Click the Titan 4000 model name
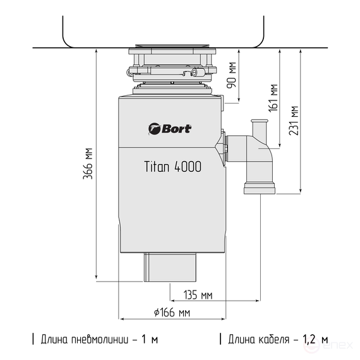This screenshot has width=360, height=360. coord(172,167)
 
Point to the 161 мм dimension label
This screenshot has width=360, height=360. coord(273,97)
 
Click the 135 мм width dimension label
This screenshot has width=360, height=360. coord(197,295)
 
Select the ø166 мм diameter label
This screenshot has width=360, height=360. coord(171,312)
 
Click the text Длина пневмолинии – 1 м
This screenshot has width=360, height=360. coord(98,339)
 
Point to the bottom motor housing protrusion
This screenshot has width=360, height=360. coord(172,267)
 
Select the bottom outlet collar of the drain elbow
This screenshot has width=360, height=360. coord(259,188)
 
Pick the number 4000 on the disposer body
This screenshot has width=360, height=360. coord(188,167)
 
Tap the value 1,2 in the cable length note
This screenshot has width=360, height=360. coord(309,339)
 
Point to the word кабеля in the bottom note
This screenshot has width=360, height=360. coord(272,339)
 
